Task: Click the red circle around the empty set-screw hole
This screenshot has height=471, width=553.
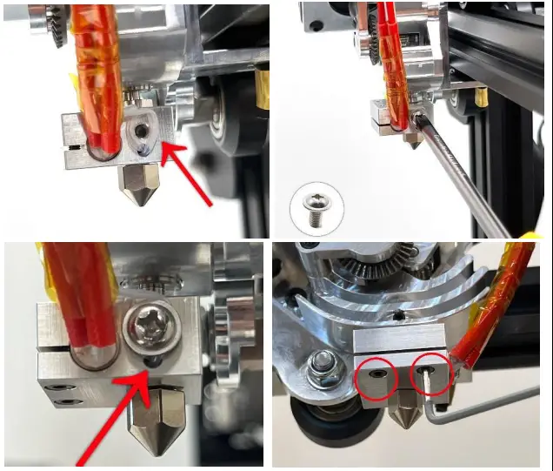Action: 377,376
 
